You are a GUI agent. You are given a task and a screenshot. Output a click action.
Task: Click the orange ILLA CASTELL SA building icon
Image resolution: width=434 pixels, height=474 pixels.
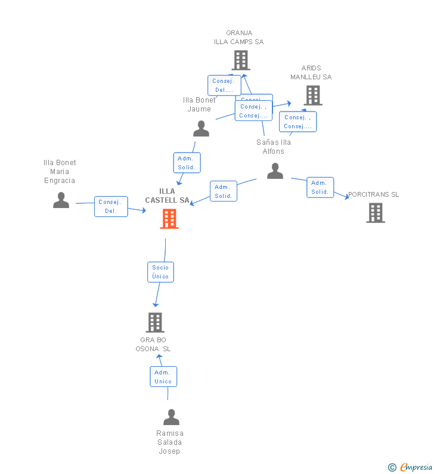[169, 219]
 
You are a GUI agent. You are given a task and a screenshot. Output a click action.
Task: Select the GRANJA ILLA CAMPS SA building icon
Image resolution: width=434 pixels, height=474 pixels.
[240, 60]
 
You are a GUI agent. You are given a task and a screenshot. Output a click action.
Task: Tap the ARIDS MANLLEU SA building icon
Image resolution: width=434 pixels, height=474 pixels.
[312, 95]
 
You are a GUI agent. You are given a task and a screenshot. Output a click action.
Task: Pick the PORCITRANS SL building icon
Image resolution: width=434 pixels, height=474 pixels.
[376, 213]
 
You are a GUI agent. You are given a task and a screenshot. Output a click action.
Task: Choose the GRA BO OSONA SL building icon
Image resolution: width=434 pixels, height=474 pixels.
[155, 323]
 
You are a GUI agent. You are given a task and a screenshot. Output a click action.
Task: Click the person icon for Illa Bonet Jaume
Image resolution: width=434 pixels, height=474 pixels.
[201, 129]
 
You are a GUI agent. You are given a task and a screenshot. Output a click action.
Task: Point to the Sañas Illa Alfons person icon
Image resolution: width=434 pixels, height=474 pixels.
[275, 171]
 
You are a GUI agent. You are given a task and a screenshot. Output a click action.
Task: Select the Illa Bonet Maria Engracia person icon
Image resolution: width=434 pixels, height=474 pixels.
[61, 200]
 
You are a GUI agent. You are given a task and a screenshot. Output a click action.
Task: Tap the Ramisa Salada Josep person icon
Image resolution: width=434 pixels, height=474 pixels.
[171, 417]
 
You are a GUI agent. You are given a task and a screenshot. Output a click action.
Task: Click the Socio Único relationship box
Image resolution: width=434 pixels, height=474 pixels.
[160, 272]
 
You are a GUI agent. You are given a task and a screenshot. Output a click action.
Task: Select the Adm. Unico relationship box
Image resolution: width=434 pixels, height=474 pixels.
[163, 377]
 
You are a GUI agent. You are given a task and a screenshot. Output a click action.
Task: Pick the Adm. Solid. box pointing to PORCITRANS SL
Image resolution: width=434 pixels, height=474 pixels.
[320, 187]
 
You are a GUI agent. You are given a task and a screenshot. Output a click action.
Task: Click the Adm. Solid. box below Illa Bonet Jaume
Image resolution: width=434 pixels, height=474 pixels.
[187, 163]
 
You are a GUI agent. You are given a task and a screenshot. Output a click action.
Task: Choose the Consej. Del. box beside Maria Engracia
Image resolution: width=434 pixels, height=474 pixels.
[111, 206]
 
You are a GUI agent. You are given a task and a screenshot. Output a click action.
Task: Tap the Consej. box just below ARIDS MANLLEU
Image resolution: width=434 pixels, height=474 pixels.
[297, 122]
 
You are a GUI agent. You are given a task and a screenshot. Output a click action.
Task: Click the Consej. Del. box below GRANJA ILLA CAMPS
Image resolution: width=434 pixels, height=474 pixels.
[224, 85]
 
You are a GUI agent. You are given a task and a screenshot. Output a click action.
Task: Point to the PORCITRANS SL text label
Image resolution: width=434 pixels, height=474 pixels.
[374, 194]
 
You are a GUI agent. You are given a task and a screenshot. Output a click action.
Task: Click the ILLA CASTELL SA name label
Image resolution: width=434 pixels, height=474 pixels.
[168, 196]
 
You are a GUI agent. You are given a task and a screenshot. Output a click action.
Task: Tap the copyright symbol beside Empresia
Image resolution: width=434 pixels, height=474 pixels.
[392, 467]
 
